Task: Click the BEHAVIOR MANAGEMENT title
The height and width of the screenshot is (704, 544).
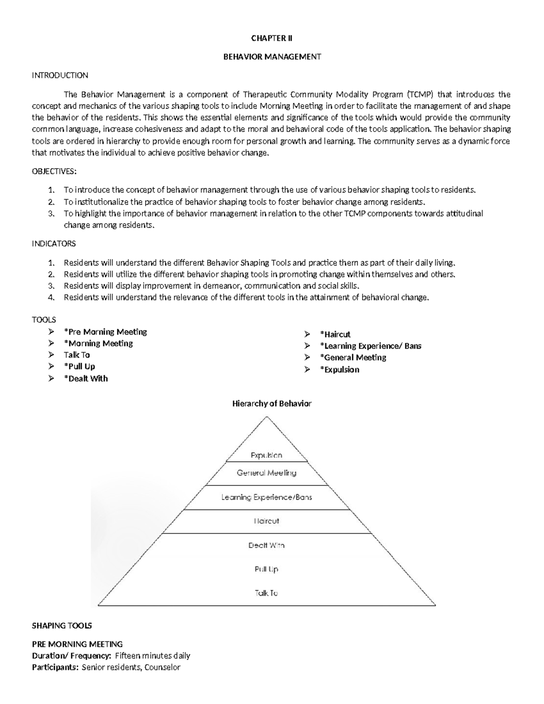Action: [x=272, y=57]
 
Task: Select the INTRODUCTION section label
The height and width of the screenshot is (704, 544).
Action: [x=60, y=75]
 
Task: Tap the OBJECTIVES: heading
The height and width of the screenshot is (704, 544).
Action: [x=54, y=171]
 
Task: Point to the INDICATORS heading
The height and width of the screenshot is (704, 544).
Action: [x=53, y=244]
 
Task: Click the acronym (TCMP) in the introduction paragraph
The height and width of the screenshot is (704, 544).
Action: [x=419, y=95]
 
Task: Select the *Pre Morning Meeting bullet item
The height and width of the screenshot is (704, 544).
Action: [x=105, y=332]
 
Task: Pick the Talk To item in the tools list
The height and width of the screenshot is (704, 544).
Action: [x=77, y=355]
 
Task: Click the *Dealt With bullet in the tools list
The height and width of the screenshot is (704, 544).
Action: [x=86, y=379]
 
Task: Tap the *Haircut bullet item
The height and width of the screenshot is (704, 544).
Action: [x=335, y=335]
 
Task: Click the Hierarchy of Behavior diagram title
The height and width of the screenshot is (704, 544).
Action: [x=272, y=403]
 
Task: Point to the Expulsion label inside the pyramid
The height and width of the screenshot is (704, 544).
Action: [x=267, y=455]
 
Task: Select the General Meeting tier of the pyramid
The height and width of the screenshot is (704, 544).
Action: [x=267, y=473]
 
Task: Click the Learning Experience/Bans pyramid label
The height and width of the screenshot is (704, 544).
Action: [x=267, y=497]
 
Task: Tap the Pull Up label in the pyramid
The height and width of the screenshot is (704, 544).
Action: [x=267, y=569]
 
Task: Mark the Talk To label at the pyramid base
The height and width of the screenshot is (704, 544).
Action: [x=267, y=593]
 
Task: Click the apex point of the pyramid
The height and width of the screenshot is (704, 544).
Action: [x=267, y=417]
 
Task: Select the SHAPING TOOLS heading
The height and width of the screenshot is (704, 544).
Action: [x=62, y=626]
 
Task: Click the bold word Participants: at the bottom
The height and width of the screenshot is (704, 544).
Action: [x=55, y=667]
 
